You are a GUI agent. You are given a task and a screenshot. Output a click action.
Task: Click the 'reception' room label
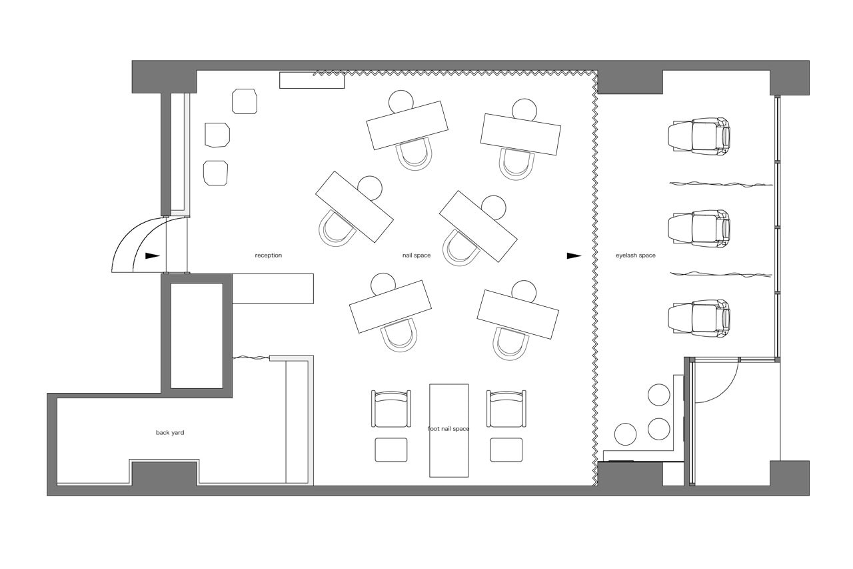269,255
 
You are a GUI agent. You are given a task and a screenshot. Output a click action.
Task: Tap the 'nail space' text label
417,255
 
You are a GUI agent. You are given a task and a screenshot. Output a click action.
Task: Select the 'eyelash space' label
636,255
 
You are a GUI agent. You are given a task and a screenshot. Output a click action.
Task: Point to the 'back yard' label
170,432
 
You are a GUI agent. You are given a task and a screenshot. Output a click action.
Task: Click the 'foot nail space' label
448,429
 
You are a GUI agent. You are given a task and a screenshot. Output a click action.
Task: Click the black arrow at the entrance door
153,256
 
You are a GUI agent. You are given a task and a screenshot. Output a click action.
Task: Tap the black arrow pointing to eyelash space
574,255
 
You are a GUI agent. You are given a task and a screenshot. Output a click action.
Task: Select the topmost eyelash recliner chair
699,137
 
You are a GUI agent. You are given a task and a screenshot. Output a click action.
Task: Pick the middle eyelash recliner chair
699,229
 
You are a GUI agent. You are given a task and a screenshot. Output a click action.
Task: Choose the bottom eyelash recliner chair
699,319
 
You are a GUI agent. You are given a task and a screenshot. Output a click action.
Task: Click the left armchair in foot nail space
391,408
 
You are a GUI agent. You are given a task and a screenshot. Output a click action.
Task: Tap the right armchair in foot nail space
506,408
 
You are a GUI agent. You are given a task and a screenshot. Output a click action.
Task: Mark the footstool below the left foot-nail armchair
391,450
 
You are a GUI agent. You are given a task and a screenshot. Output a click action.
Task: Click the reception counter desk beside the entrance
273,288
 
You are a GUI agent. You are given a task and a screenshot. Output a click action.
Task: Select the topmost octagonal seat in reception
245,101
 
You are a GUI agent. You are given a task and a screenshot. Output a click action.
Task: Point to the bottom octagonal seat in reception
215,173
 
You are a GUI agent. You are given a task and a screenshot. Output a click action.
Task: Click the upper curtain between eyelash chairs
721,185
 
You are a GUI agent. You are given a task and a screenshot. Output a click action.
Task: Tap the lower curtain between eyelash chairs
721,274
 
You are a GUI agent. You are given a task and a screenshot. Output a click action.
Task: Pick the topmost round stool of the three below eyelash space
659,395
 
